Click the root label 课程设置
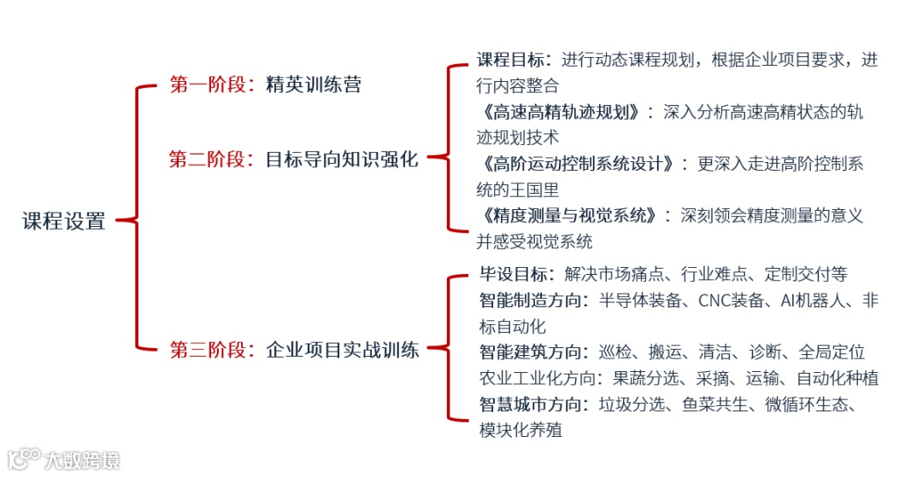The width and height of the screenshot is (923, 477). pyautogui.click(x=64, y=221)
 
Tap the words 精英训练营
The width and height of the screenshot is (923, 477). pyautogui.click(x=314, y=84)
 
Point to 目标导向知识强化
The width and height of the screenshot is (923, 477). pyautogui.click(x=343, y=159)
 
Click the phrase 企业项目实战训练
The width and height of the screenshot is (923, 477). pyautogui.click(x=343, y=349)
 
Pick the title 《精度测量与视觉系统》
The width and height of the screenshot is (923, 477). pyautogui.click(x=568, y=215)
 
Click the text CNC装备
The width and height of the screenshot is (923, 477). pyautogui.click(x=726, y=300)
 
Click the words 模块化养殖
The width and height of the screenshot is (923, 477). pyautogui.click(x=520, y=430)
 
